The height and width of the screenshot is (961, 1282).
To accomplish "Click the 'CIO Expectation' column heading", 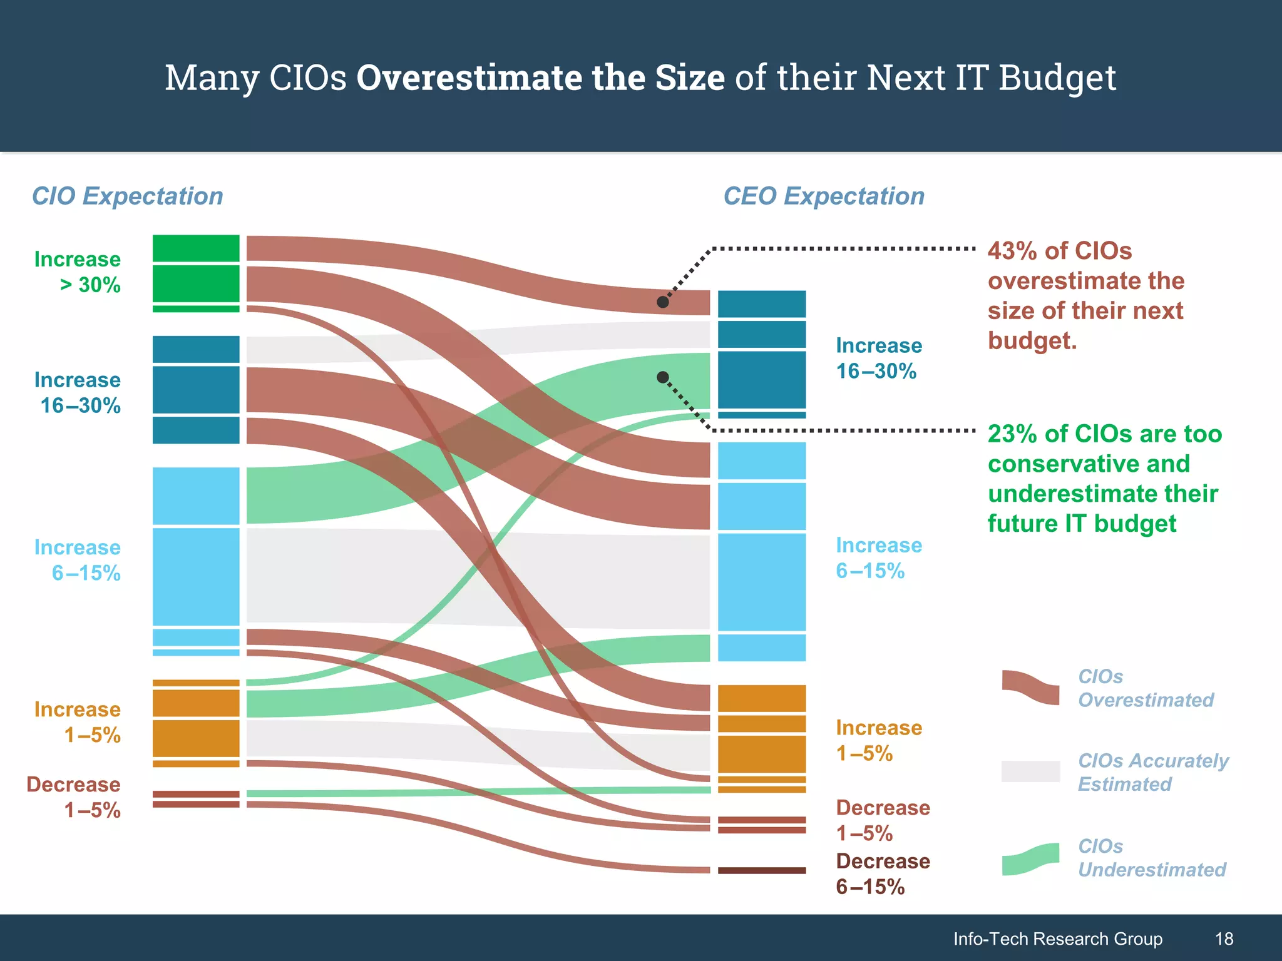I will (127, 196).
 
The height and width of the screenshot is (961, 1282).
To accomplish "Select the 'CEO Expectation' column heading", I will (824, 196).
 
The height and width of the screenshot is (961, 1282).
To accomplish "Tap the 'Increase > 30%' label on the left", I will (78, 272).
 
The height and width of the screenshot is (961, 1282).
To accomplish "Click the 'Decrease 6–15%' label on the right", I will (883, 874).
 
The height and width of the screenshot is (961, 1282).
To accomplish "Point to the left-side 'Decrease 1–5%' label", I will (74, 797).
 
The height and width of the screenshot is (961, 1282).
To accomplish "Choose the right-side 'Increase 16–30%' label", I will (879, 358).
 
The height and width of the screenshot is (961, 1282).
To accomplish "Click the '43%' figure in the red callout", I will (1012, 251).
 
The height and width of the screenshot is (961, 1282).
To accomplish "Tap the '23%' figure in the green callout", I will (1012, 434).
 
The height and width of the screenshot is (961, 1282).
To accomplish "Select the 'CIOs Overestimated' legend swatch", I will (1030, 688).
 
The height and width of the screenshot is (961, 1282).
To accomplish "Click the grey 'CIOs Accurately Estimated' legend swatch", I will (1030, 771).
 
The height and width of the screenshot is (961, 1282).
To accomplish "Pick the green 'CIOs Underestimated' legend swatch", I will (1030, 860).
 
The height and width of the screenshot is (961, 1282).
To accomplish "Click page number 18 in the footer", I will (1224, 938).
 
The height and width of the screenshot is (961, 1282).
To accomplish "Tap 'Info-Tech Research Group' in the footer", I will (1057, 938).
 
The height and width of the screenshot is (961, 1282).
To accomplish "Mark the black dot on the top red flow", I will (663, 302).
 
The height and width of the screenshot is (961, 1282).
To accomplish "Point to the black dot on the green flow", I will (663, 377).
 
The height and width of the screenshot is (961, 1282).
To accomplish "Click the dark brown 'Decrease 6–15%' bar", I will (761, 870).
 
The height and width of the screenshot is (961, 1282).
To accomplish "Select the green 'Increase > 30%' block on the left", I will (196, 273).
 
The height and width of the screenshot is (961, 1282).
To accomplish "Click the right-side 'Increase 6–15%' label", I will (879, 558).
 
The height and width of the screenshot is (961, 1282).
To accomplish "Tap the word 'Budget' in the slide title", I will (1057, 78).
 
